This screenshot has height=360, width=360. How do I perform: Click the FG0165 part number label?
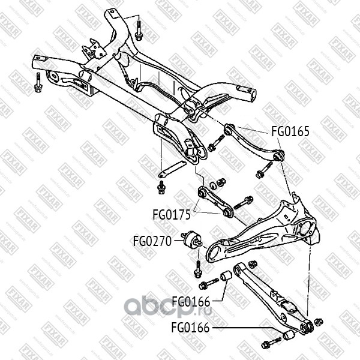[290, 131]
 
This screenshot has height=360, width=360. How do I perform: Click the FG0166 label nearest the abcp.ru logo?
[190, 301]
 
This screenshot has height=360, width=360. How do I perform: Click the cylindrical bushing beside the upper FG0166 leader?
[227, 277]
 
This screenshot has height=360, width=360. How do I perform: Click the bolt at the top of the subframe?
[139, 29]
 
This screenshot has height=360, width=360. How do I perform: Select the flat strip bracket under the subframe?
[172, 169]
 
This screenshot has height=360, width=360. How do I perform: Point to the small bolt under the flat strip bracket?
[161, 188]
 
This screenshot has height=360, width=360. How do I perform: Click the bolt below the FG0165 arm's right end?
[263, 173]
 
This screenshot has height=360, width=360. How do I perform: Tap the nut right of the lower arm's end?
[319, 323]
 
